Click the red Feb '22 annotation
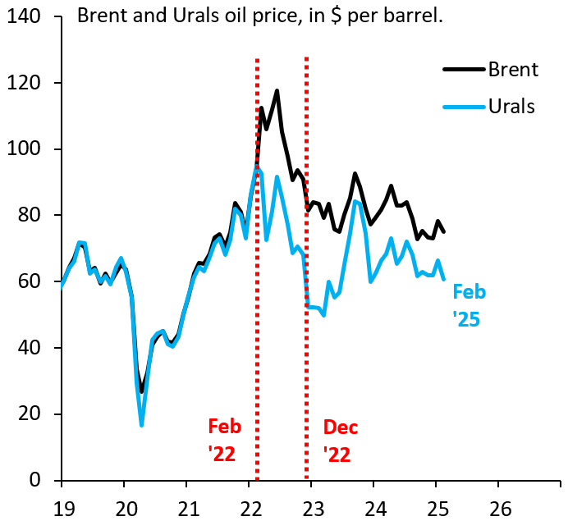coord(224,440)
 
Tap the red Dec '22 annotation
coord(340,440)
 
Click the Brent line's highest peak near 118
coord(277,90)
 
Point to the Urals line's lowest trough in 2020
coord(142,424)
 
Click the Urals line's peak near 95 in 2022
coord(257,167)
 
